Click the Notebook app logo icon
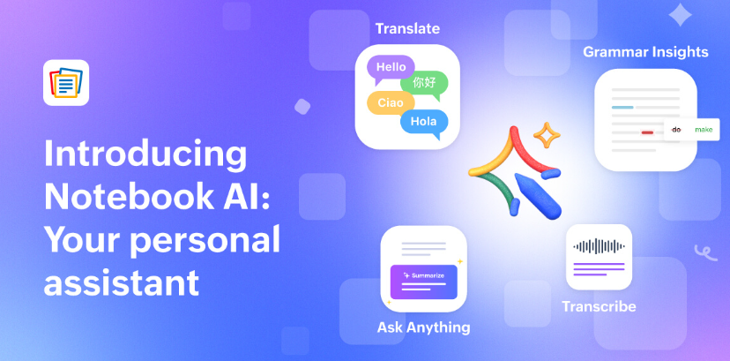(66, 82)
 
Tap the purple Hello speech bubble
(391, 69)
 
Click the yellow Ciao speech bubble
(391, 103)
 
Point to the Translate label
(407, 29)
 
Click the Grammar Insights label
(645, 52)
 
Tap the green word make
(704, 130)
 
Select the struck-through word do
(676, 130)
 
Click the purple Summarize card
(424, 282)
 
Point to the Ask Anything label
(424, 327)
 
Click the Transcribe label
(599, 306)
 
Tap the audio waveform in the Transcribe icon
(599, 246)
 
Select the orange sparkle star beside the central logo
(547, 135)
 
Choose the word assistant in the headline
(122, 282)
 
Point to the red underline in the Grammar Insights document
(647, 132)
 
